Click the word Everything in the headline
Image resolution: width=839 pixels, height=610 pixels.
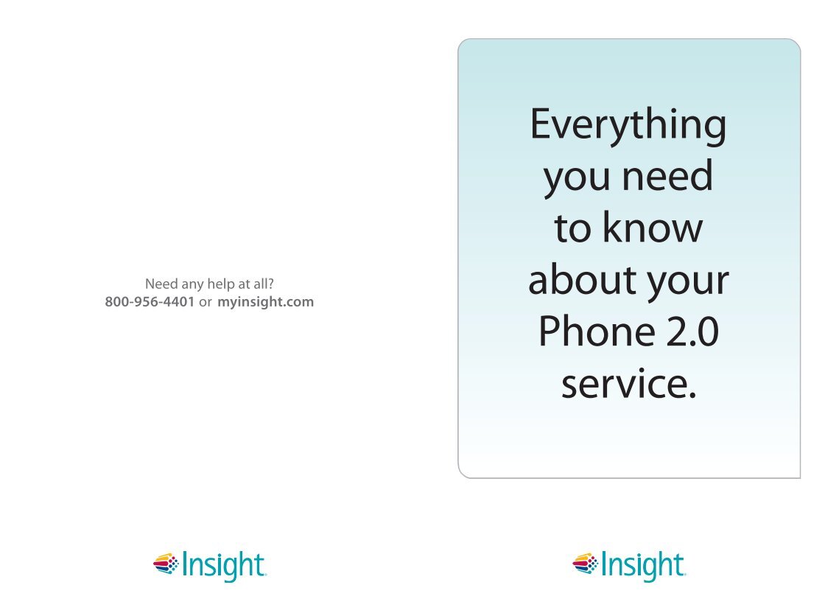(628, 125)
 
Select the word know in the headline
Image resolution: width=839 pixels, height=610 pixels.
(653, 226)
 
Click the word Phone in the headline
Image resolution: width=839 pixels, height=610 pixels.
(597, 330)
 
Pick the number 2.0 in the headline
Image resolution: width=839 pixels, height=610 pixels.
(692, 332)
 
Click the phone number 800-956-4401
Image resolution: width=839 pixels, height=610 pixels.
(150, 302)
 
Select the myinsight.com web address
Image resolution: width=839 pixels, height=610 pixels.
(265, 302)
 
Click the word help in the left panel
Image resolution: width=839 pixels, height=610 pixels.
(220, 284)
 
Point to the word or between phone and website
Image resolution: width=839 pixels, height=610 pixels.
(206, 303)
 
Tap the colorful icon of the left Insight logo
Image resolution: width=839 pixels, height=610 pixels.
(166, 564)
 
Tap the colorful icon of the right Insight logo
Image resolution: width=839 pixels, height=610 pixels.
(586, 564)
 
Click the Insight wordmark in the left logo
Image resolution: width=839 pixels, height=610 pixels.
(224, 566)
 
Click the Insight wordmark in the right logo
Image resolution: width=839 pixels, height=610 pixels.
(643, 566)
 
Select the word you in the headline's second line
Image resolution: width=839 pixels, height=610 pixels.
(576, 179)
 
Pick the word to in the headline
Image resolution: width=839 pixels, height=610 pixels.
(572, 228)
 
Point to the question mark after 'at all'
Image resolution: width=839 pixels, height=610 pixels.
(271, 284)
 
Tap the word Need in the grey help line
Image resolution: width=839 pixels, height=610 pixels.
(161, 284)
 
